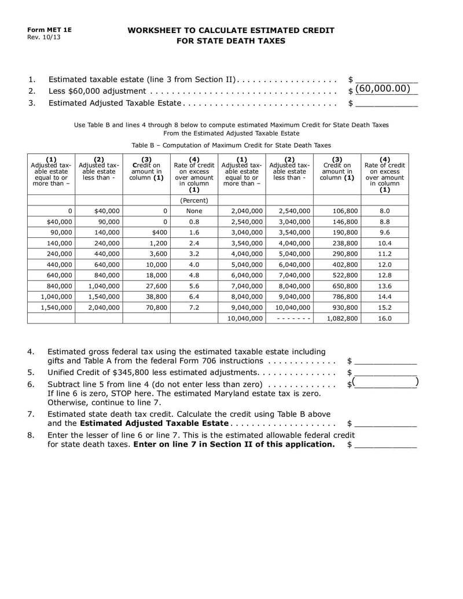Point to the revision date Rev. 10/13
[43, 37]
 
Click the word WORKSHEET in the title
[154, 30]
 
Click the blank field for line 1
[386, 79]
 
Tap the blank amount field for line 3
[386, 103]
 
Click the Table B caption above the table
[231, 145]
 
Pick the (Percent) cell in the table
[194, 200]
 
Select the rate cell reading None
[194, 211]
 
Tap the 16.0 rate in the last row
[384, 318]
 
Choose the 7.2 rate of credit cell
[194, 307]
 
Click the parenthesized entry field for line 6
[386, 383]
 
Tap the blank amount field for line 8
[386, 444]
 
